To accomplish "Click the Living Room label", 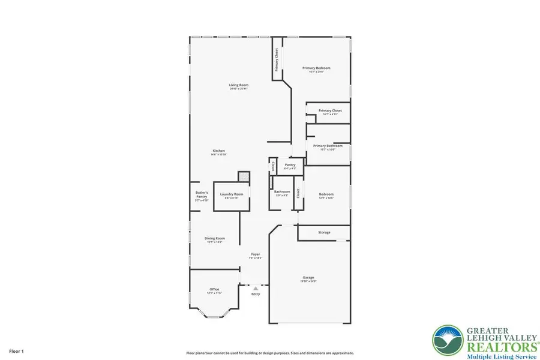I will tap(238, 85).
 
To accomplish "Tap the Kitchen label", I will tap(218, 151).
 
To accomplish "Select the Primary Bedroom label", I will tap(319, 68).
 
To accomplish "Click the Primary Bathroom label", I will tap(328, 146).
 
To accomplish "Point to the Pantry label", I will tap(290, 165).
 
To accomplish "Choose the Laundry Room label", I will tap(231, 194).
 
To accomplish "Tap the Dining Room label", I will tap(214, 238).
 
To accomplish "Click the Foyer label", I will tap(256, 255).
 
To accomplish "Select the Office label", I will tap(214, 290).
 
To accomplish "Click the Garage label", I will tap(308, 278).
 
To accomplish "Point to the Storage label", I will tap(324, 232).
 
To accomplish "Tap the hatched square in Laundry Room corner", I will tap(243, 176).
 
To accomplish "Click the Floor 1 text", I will tap(16, 349).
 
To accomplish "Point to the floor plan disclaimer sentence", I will tap(269, 353).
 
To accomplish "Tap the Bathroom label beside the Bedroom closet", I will tap(282, 193).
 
